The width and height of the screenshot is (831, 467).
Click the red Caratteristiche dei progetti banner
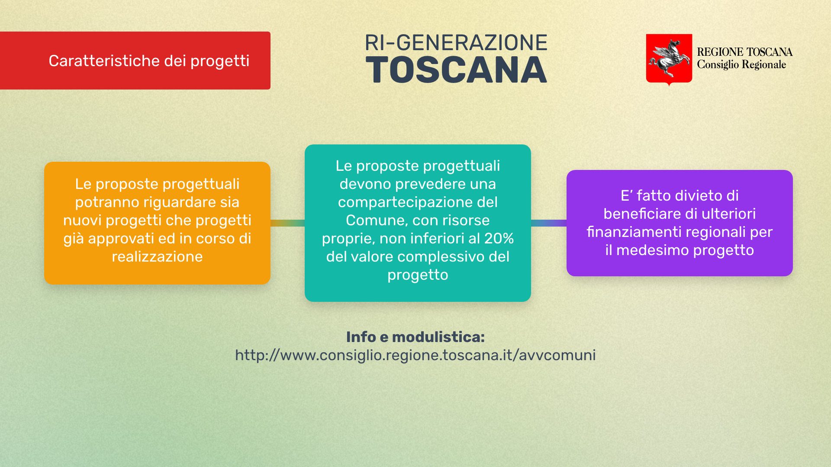(x=135, y=61)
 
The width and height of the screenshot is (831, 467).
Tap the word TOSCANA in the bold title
(x=456, y=70)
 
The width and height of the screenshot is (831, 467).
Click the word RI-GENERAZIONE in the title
(x=456, y=43)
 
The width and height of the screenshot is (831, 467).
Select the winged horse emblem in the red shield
(x=669, y=57)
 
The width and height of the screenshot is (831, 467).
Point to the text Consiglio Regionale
(x=741, y=65)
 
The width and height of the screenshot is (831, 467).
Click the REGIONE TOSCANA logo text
(x=744, y=52)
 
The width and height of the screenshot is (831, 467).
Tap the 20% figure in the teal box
(x=499, y=238)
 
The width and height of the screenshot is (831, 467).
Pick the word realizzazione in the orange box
(x=157, y=256)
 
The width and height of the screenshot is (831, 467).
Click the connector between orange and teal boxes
(x=287, y=223)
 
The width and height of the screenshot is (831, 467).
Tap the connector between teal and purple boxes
(x=549, y=223)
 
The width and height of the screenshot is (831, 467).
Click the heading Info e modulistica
(x=415, y=337)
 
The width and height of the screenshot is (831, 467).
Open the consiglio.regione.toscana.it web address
(x=415, y=355)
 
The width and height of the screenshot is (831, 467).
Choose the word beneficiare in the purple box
(x=642, y=214)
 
